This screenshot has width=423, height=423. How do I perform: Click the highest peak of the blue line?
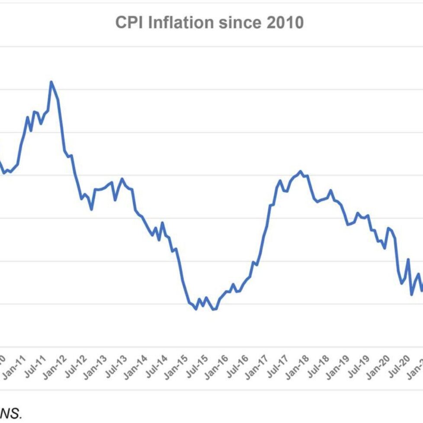tap(51, 82)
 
